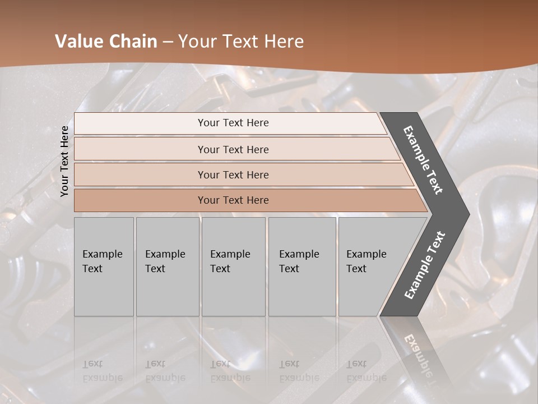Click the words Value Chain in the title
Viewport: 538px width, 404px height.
106,42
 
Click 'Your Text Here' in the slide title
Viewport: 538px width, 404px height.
240,42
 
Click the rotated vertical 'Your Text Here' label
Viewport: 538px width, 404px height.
64,161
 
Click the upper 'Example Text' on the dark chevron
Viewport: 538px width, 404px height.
424,160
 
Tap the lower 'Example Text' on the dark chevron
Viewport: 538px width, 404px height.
425,265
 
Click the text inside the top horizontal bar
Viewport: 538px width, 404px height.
233,123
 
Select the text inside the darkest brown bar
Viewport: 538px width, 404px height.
233,200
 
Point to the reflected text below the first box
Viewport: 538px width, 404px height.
102,371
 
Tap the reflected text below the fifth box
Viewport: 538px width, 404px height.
366,371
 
